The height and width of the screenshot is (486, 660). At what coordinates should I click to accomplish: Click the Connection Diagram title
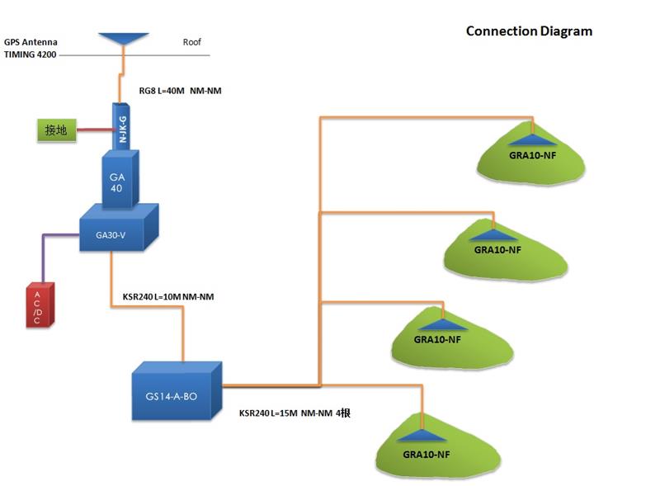[x=529, y=31]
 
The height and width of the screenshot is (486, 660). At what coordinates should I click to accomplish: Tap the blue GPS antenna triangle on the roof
[x=123, y=39]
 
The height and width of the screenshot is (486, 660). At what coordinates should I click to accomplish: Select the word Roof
[x=191, y=41]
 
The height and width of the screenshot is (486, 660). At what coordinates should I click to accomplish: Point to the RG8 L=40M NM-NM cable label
[x=180, y=91]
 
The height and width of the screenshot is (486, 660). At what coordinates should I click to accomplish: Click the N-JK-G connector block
[x=123, y=126]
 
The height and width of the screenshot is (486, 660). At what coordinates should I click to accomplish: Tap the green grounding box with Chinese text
[x=55, y=130]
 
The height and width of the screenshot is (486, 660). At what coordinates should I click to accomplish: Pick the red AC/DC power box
[x=39, y=305]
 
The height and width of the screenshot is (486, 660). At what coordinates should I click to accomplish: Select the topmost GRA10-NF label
[x=531, y=154]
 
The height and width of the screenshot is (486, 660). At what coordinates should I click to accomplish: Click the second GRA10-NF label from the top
[x=497, y=249]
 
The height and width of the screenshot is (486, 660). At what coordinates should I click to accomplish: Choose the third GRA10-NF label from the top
[x=437, y=339]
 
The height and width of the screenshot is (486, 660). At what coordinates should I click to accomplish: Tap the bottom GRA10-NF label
[x=427, y=455]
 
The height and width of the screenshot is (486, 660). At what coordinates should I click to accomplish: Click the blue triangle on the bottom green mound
[x=423, y=436]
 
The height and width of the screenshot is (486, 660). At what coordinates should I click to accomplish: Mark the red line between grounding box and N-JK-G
[x=93, y=129]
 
